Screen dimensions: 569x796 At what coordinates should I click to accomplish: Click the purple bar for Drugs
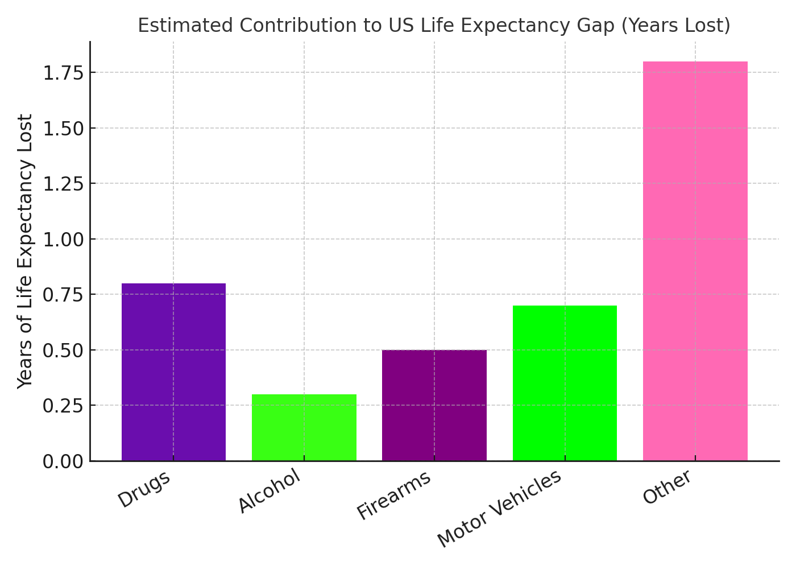pyautogui.click(x=173, y=372)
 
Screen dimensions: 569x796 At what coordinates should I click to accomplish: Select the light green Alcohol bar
pyautogui.click(x=304, y=427)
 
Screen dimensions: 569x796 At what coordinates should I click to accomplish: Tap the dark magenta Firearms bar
pyautogui.click(x=434, y=405)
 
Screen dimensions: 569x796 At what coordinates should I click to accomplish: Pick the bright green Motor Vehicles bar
pyautogui.click(x=565, y=383)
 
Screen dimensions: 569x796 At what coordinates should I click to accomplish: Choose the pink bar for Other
pyautogui.click(x=695, y=261)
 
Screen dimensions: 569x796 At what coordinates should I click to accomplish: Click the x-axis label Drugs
pyautogui.click(x=144, y=489)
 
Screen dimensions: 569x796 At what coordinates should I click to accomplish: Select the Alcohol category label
pyautogui.click(x=269, y=493)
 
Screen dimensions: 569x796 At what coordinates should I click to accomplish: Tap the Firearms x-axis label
pyautogui.click(x=394, y=496)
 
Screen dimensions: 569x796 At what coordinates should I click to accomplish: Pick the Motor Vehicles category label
pyautogui.click(x=500, y=509)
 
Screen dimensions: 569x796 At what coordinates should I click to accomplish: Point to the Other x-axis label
pyautogui.click(x=668, y=487)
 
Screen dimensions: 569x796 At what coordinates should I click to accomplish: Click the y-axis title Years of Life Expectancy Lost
pyautogui.click(x=25, y=251)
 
